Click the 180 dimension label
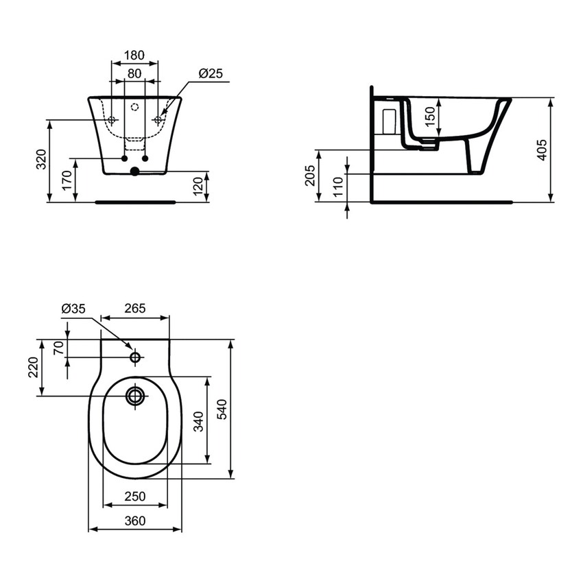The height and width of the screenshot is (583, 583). coord(134,55)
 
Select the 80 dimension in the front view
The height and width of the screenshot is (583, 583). coord(134,72)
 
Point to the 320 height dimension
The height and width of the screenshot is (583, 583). coord(43,160)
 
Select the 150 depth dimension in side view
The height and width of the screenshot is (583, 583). coord(430,116)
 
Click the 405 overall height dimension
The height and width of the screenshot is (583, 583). coord(542,150)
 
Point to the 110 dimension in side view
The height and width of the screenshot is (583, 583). coord(338,187)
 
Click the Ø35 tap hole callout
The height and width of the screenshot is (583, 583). coord(73,309)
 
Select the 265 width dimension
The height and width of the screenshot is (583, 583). coord(135,309)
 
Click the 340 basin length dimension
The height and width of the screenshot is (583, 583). coord(198,420)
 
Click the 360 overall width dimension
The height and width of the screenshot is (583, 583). coord(135,521)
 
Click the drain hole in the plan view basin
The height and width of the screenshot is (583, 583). coord(135,395)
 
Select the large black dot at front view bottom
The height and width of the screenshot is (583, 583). coord(135,171)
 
